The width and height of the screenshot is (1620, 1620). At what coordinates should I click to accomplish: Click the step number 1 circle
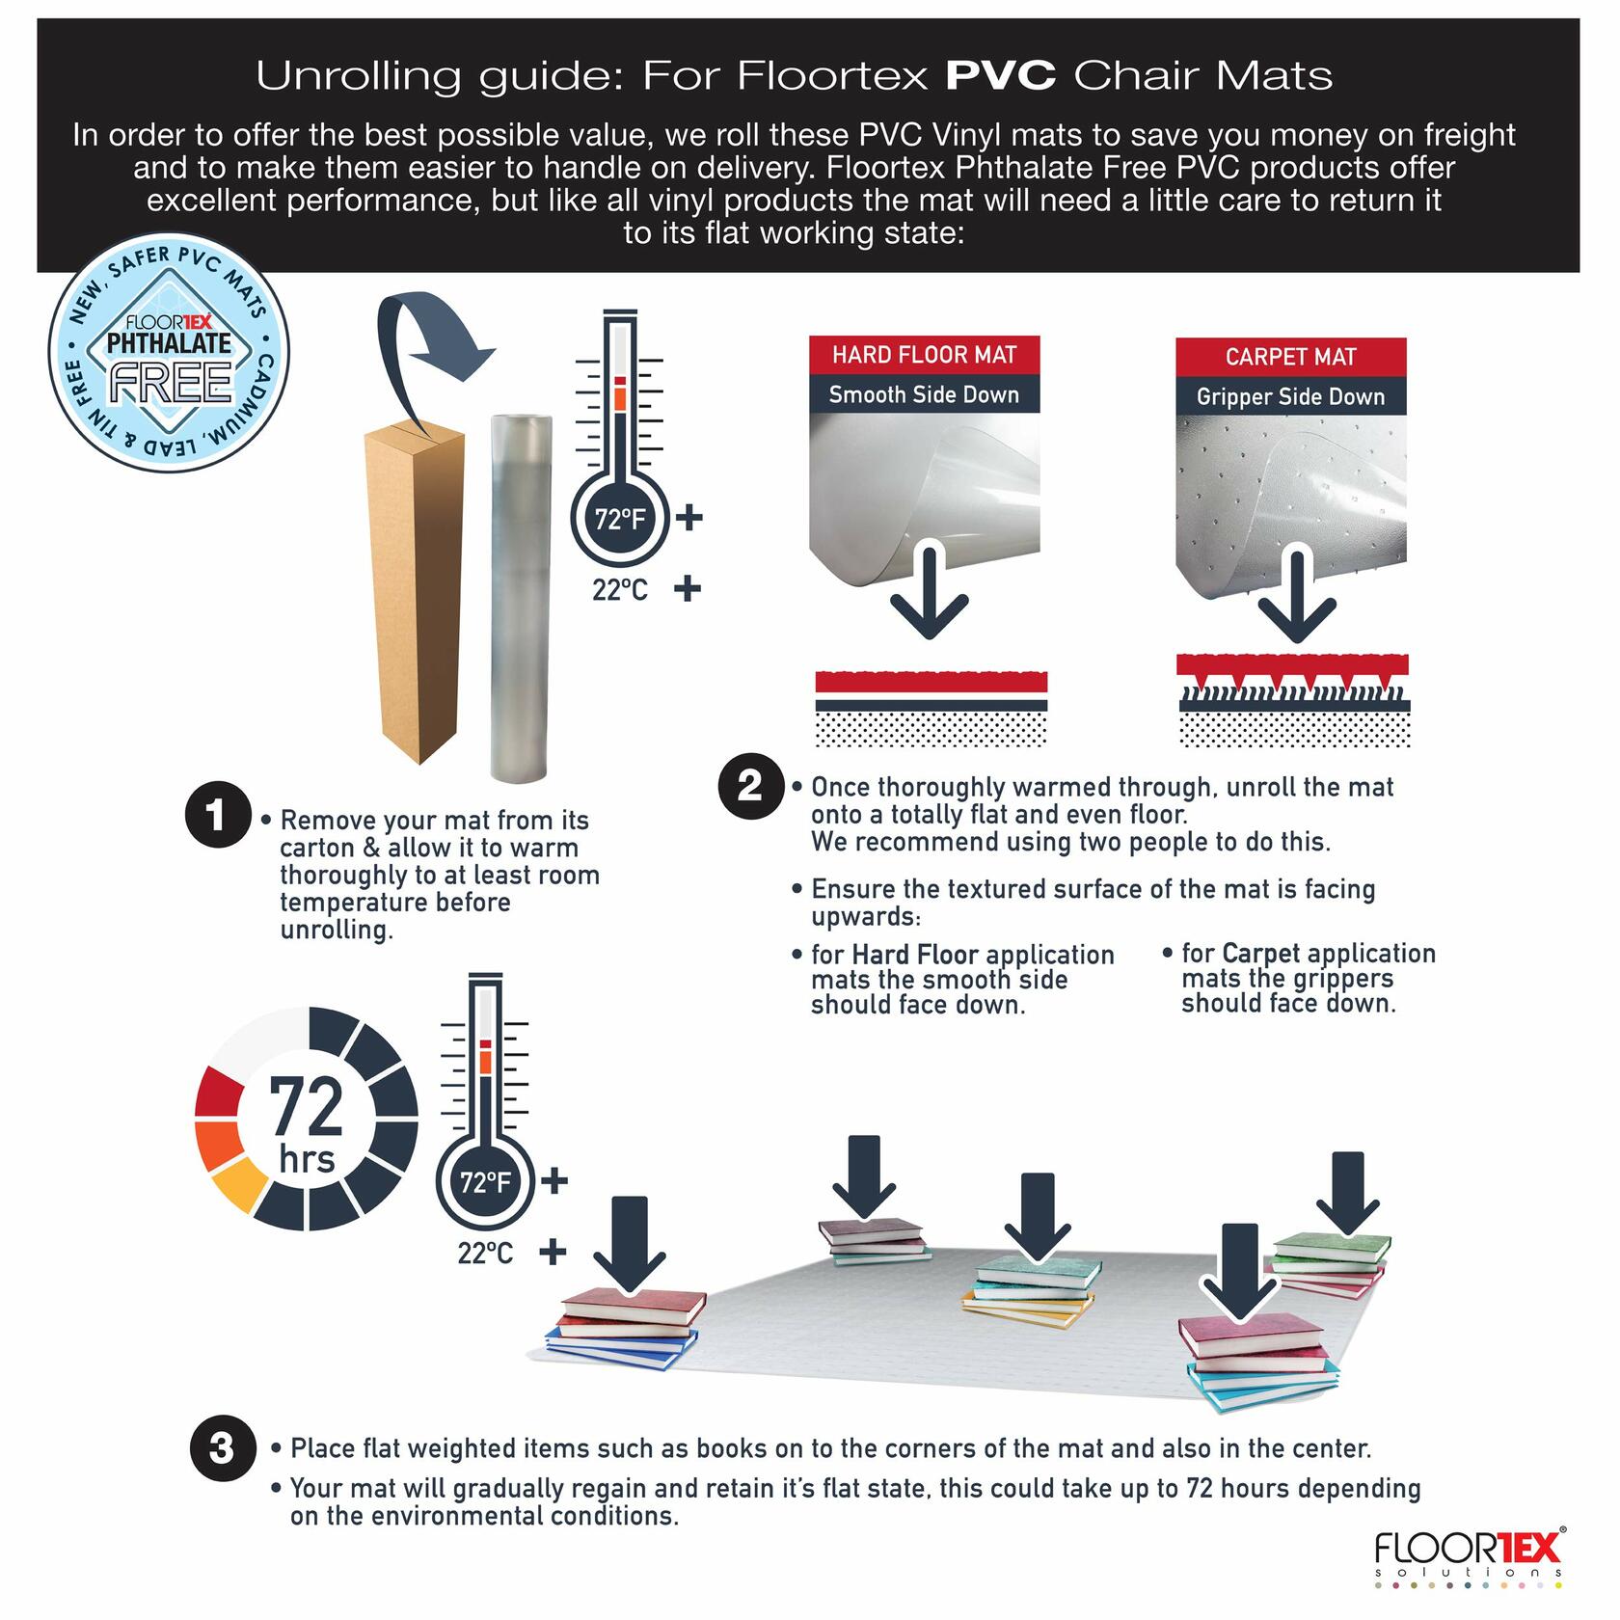pyautogui.click(x=218, y=815)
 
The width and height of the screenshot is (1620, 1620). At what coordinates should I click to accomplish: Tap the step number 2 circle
pyautogui.click(x=751, y=787)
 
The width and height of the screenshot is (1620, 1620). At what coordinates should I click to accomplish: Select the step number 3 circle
pyautogui.click(x=221, y=1447)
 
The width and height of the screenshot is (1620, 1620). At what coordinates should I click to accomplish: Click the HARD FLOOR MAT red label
pyautogui.click(x=924, y=355)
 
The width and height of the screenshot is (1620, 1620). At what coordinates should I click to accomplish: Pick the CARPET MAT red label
pyautogui.click(x=1290, y=357)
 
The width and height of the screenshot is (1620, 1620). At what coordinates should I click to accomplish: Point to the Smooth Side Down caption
pyautogui.click(x=924, y=394)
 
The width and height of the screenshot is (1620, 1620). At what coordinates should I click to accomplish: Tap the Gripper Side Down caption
pyautogui.click(x=1290, y=396)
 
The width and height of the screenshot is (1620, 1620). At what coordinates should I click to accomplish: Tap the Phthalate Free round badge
pyautogui.click(x=170, y=352)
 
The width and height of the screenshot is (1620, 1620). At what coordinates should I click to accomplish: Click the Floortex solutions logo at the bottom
pyautogui.click(x=1466, y=1556)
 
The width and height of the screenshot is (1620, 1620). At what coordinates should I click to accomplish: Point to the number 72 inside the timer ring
pyautogui.click(x=307, y=1107)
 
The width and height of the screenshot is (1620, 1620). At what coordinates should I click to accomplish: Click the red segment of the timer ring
pyautogui.click(x=220, y=1093)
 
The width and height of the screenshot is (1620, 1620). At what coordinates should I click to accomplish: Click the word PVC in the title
pyautogui.click(x=1000, y=75)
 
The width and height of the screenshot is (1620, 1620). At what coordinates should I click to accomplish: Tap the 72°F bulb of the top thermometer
pyautogui.click(x=620, y=520)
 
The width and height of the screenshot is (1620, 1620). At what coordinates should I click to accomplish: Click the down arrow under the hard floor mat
pyautogui.click(x=929, y=592)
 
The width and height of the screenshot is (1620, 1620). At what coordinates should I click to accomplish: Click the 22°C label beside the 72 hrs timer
pyautogui.click(x=485, y=1253)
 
